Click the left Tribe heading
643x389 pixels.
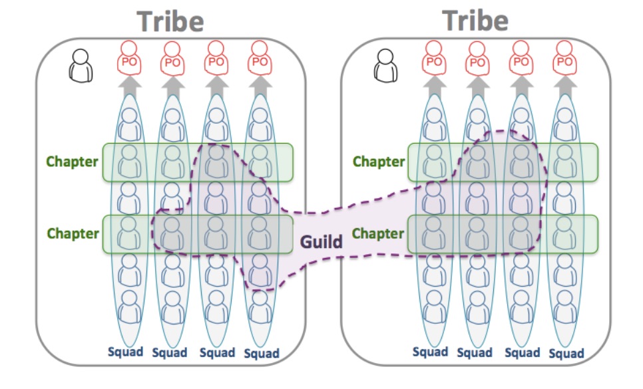170,21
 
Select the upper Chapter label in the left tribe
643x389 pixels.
73,162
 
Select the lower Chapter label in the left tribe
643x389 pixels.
73,233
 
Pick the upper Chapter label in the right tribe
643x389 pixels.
378,162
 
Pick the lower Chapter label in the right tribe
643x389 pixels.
378,233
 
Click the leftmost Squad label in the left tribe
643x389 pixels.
126,352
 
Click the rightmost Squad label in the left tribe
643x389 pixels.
261,353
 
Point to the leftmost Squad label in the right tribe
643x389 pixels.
430,352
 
